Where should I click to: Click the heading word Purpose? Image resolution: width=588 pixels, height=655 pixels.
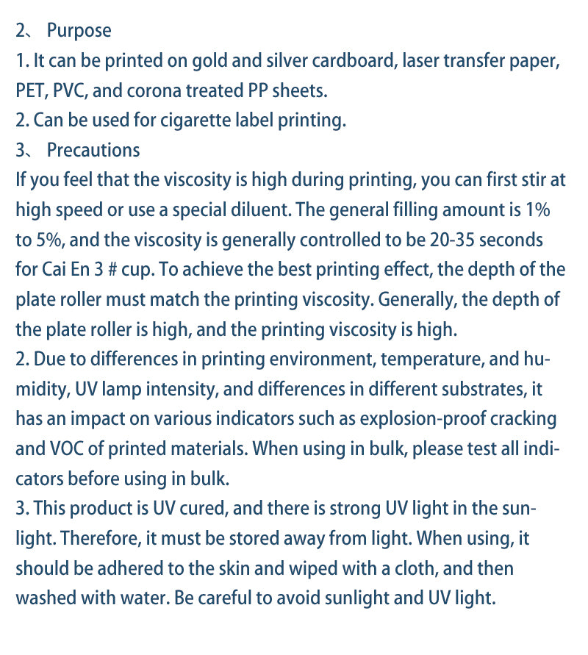click(79, 31)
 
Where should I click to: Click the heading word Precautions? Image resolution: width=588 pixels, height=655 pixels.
click(93, 150)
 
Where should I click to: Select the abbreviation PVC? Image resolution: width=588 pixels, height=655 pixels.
click(72, 90)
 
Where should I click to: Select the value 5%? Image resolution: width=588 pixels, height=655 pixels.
click(51, 240)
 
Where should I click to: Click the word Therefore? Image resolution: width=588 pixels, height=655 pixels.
click(96, 539)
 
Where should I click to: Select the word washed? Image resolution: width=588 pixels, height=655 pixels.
click(43, 598)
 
